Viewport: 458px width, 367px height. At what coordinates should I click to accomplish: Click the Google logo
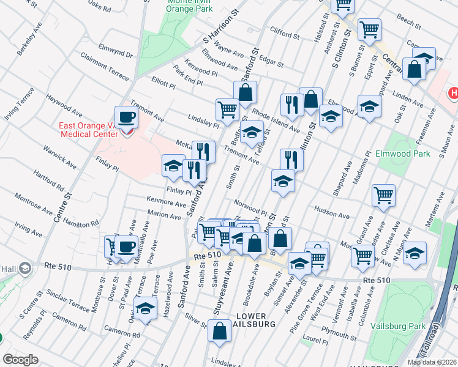point(20,360)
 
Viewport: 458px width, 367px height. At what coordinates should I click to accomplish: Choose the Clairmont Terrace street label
point(105,66)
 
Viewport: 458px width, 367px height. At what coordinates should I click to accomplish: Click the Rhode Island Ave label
point(276,121)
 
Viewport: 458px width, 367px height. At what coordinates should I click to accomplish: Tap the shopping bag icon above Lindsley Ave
point(219,332)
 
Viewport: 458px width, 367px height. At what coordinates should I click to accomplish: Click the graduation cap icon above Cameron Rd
point(145,310)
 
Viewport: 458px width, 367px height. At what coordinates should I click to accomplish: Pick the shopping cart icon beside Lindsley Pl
point(227,110)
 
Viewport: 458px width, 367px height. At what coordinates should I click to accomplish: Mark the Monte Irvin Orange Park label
point(181,6)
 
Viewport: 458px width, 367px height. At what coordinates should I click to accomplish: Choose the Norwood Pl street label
point(249,207)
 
